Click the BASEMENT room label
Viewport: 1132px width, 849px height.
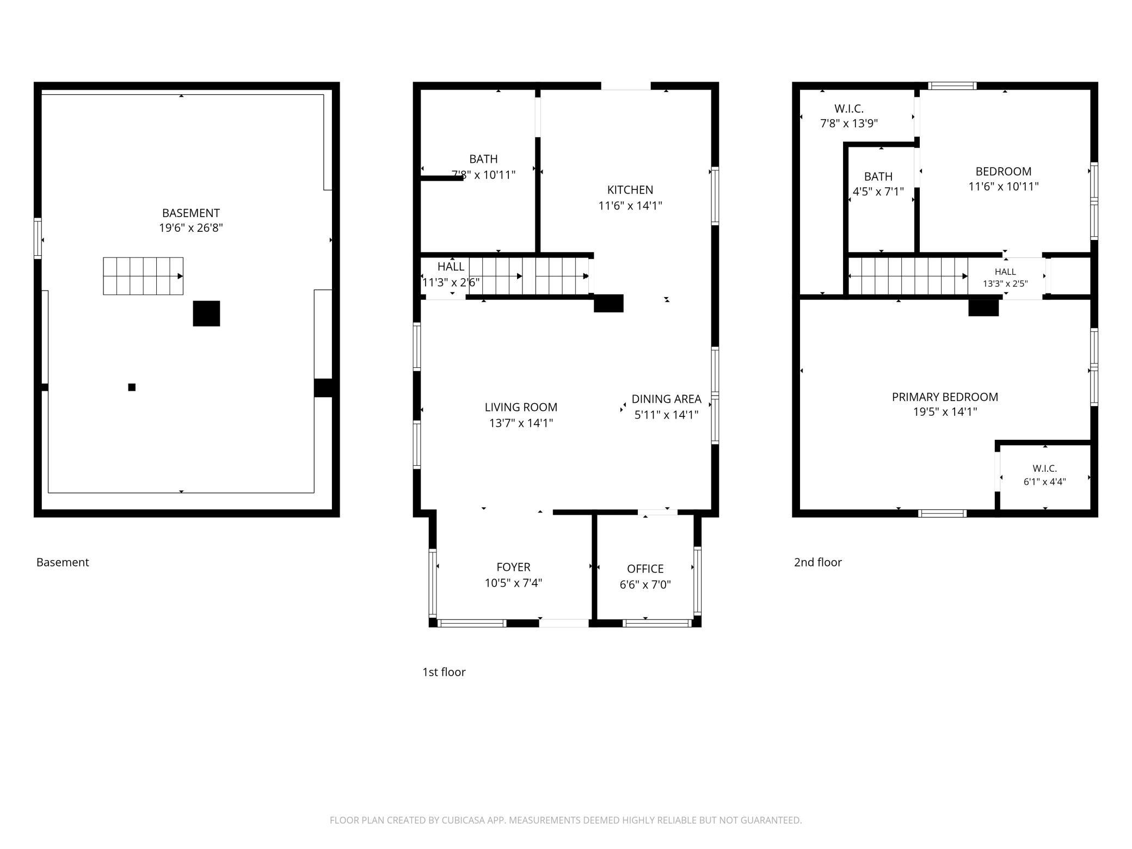click(x=190, y=213)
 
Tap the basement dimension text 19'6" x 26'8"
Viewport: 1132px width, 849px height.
click(x=191, y=227)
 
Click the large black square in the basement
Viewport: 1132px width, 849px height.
click(x=206, y=313)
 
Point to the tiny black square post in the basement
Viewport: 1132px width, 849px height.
click(x=132, y=387)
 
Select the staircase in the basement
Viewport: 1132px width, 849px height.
click(x=143, y=276)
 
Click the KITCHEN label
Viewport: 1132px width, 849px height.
click(x=630, y=190)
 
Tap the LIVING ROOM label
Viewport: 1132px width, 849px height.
click(x=521, y=407)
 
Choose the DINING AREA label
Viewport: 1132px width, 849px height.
click(x=666, y=399)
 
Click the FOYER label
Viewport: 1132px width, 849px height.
click(x=513, y=567)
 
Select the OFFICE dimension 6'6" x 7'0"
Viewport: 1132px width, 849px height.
click(x=645, y=585)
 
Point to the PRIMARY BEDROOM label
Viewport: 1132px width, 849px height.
click(x=945, y=397)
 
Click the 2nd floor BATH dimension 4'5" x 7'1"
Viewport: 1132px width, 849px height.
click(x=878, y=192)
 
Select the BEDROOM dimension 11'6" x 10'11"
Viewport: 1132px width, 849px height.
click(x=1003, y=186)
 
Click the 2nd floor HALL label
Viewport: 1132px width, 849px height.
click(x=1005, y=272)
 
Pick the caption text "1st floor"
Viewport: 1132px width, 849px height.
click(x=444, y=672)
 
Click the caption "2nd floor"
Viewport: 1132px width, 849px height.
click(x=817, y=562)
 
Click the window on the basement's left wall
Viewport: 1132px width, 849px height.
click(x=38, y=238)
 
